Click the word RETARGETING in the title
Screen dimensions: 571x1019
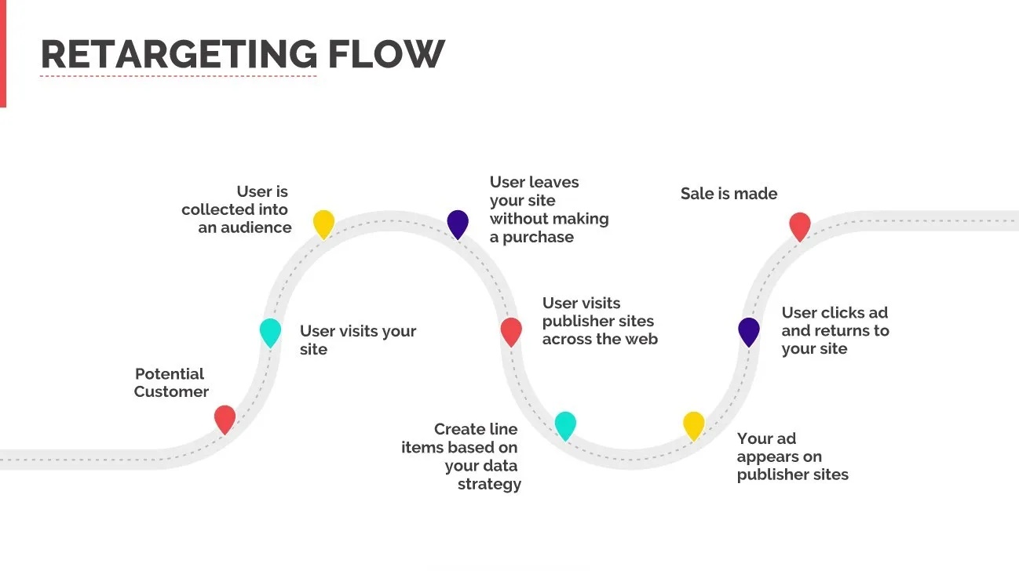coord(179,54)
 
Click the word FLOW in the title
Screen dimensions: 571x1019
coord(385,54)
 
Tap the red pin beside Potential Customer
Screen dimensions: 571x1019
coord(225,419)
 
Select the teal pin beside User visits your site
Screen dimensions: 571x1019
coord(270,332)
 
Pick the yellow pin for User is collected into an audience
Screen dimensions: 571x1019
coord(323,224)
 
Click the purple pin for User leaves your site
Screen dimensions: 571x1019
coord(458,224)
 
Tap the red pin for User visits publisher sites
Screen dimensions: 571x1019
coord(511,331)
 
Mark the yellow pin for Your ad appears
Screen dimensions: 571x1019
coord(693,425)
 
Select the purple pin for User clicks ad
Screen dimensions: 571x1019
coord(749,331)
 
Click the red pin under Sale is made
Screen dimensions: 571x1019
coord(799,226)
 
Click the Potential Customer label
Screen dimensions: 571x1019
coord(170,383)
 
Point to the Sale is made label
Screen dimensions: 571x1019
coord(729,194)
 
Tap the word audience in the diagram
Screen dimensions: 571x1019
coord(255,228)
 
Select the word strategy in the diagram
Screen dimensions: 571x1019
coord(489,484)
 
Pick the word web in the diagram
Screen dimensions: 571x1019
coord(641,339)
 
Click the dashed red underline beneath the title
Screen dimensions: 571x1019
coord(178,76)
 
